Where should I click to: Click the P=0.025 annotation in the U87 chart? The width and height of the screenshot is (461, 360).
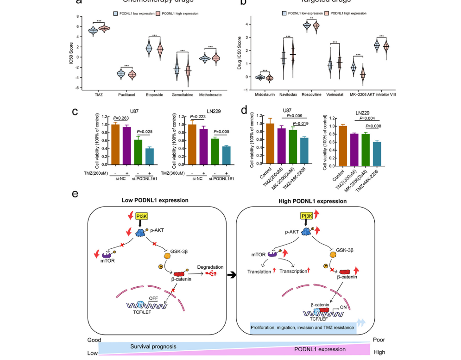point(145,132)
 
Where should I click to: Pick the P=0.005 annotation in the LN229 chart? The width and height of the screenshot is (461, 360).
point(221,132)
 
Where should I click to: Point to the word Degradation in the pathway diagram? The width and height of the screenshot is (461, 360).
point(210,267)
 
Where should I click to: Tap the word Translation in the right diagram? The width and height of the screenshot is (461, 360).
point(259,272)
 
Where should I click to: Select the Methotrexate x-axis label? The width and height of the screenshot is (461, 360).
point(210,95)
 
